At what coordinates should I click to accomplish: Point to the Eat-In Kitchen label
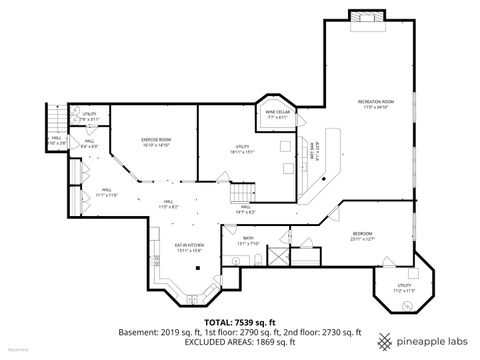189,246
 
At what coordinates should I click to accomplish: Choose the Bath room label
248,241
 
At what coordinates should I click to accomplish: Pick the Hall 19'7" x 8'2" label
246,209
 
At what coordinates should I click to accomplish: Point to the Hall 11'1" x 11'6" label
106,195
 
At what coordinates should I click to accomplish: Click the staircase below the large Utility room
241,191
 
